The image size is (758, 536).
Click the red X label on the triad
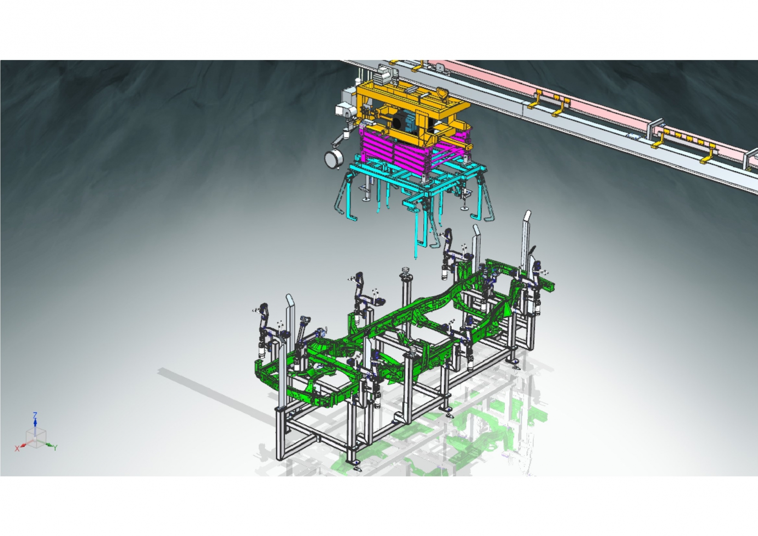point(17,449)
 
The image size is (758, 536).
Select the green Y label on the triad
point(55,448)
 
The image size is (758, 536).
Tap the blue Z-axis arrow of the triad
point(35,425)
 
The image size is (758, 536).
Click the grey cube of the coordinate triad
point(36,439)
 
